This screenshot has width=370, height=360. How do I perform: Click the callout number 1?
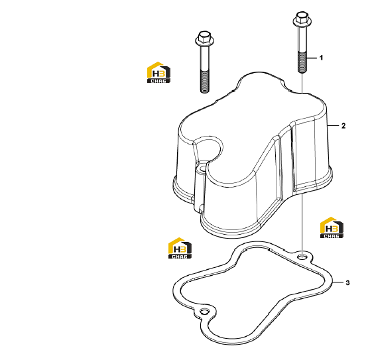point(321,58)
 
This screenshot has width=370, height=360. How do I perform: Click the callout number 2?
point(343,126)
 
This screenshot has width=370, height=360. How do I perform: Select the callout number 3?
point(347,282)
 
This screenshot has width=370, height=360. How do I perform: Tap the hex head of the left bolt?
point(205,36)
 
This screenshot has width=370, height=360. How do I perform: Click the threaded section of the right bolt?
point(302,62)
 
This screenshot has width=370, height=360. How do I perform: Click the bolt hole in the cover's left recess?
point(202,169)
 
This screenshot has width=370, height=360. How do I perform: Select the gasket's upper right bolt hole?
point(302,256)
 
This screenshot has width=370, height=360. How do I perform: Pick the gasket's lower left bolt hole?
point(204,312)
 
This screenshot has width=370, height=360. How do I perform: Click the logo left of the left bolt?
point(158,72)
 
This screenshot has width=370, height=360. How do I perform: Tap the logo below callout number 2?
point(332,227)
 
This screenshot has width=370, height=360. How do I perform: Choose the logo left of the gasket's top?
point(180,248)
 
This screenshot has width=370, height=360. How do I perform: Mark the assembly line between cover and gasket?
point(302,225)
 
